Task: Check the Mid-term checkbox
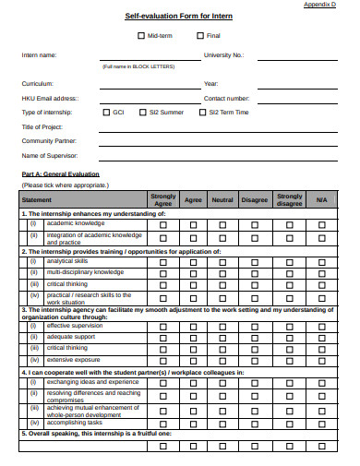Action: [x=140, y=36]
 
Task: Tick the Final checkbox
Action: [x=200, y=36]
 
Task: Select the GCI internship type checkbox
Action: [x=106, y=112]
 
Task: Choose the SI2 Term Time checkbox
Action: [x=202, y=112]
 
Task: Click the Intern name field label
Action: [x=39, y=55]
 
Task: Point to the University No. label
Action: [x=222, y=55]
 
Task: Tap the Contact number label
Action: [x=226, y=98]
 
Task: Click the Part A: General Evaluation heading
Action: [x=60, y=173]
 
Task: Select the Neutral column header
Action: [x=222, y=199]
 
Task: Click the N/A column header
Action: [x=320, y=199]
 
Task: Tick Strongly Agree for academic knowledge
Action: [x=162, y=224]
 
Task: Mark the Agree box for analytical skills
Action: [x=193, y=261]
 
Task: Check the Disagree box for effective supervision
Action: [x=254, y=326]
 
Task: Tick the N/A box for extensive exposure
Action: [x=320, y=359]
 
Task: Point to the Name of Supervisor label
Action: [x=51, y=155]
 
